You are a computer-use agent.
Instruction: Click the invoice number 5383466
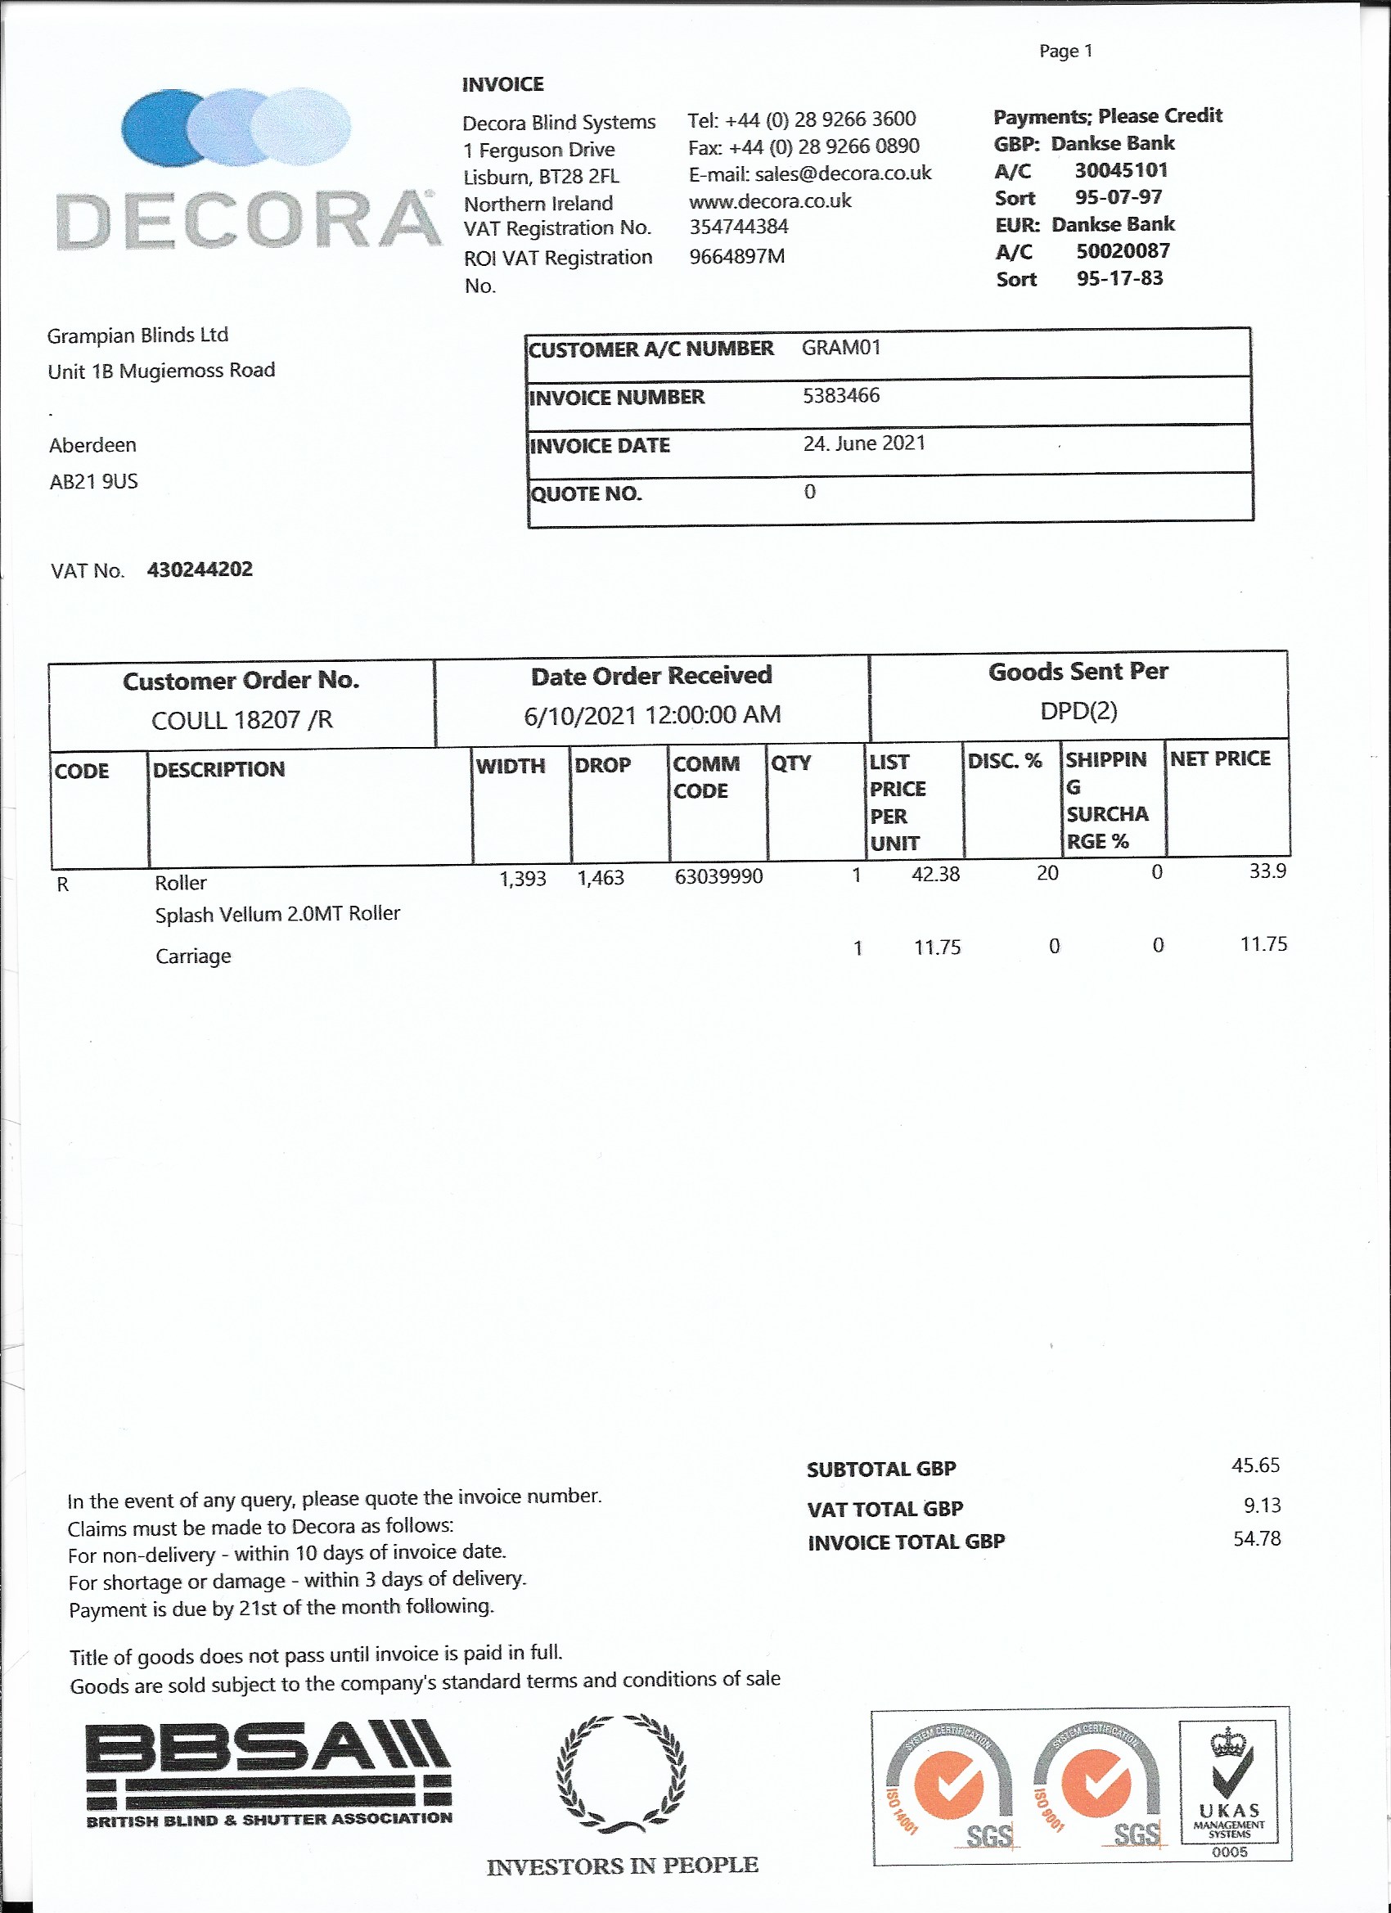click(x=841, y=395)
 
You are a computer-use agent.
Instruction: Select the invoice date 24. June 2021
click(x=864, y=443)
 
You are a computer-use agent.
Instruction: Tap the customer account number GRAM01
click(x=841, y=348)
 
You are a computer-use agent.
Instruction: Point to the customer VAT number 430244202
click(x=200, y=569)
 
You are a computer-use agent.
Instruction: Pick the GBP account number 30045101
click(x=1121, y=170)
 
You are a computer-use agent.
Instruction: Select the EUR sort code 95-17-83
click(x=1119, y=278)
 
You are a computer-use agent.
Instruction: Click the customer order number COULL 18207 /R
click(x=242, y=719)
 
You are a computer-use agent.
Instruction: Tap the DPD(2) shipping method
click(x=1078, y=711)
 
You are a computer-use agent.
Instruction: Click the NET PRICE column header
click(x=1220, y=759)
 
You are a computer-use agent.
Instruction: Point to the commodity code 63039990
click(x=718, y=876)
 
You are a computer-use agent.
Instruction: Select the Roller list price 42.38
click(x=935, y=874)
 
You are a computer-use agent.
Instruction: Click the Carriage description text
click(x=193, y=956)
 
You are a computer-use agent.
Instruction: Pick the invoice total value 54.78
click(x=1257, y=1538)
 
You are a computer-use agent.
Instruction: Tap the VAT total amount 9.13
click(x=1262, y=1505)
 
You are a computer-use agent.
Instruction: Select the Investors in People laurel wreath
click(x=622, y=1772)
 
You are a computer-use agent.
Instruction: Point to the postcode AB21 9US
click(x=93, y=482)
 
